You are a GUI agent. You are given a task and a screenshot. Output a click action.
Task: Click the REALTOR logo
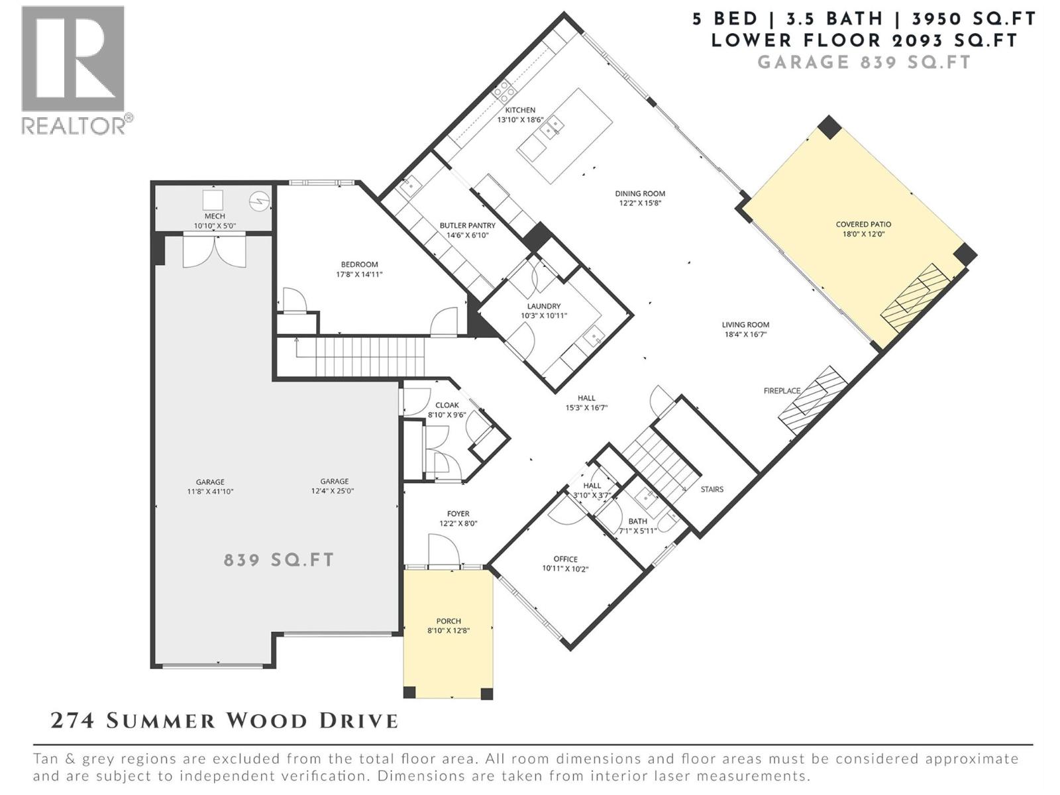pyautogui.click(x=74, y=70)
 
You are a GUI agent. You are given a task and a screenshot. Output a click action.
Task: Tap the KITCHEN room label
pyautogui.click(x=520, y=110)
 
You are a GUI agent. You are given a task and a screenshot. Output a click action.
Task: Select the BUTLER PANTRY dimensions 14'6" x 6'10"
pyautogui.click(x=467, y=235)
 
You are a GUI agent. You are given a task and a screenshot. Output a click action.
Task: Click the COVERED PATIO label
pyautogui.click(x=863, y=225)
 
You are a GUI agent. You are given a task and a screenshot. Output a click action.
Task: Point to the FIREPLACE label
pyautogui.click(x=782, y=391)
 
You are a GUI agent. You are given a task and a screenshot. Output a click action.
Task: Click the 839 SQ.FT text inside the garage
pyautogui.click(x=279, y=560)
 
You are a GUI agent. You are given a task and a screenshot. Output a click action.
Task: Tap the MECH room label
pyautogui.click(x=215, y=216)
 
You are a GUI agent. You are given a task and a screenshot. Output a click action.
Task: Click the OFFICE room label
pyautogui.click(x=565, y=559)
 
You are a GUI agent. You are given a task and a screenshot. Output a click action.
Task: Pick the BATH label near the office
pyautogui.click(x=637, y=521)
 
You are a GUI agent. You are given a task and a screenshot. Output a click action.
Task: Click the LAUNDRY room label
pyautogui.click(x=544, y=306)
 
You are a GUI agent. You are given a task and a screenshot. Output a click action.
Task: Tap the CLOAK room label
pyautogui.click(x=447, y=405)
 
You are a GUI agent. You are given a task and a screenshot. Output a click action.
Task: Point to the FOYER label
pyautogui.click(x=458, y=513)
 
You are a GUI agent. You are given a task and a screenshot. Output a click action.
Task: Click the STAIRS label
pyautogui.click(x=712, y=490)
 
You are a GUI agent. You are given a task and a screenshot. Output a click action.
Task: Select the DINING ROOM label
pyautogui.click(x=640, y=194)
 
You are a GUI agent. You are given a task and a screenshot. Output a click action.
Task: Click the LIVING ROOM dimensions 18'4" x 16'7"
pyautogui.click(x=745, y=335)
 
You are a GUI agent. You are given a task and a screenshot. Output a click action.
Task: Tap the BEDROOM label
pyautogui.click(x=359, y=264)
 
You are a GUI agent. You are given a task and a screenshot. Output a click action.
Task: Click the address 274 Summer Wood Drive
pyautogui.click(x=225, y=721)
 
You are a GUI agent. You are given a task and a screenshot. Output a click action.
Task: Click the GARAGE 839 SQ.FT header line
pyautogui.click(x=864, y=62)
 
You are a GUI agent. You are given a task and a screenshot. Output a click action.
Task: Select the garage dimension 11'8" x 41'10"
pyautogui.click(x=210, y=492)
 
